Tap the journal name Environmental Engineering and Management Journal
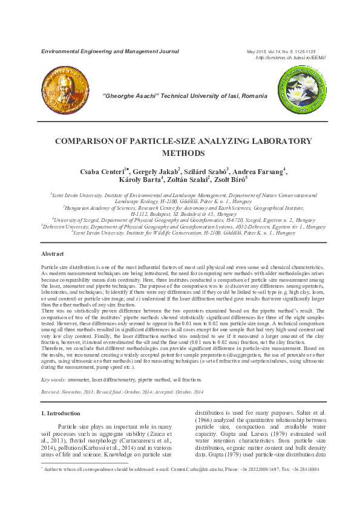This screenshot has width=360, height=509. pos(110,51)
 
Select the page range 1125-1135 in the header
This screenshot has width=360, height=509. pos(312,51)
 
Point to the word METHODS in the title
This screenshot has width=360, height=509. pos(180,153)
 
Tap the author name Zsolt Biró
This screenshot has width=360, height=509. pos(229,180)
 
